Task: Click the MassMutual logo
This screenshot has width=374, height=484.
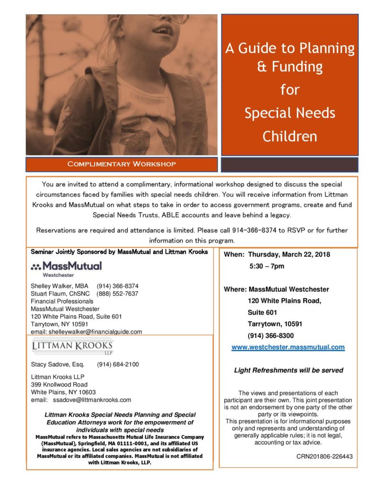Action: pos(66,268)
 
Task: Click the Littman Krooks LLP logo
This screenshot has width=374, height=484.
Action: pos(72,347)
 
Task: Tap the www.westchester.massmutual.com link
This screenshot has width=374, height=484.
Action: pos(287,347)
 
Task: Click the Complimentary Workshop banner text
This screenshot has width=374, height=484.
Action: pos(122,164)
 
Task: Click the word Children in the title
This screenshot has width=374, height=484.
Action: pos(289,137)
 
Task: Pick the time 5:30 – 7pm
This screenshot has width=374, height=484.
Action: pos(267,267)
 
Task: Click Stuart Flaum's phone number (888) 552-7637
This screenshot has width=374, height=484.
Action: pos(117,294)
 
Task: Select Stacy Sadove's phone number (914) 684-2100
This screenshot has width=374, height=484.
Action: pos(118,364)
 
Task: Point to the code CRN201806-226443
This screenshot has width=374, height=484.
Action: pos(324,457)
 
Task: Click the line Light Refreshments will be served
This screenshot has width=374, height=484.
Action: pos(288,370)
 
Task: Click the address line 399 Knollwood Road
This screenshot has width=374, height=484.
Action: pos(59,384)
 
